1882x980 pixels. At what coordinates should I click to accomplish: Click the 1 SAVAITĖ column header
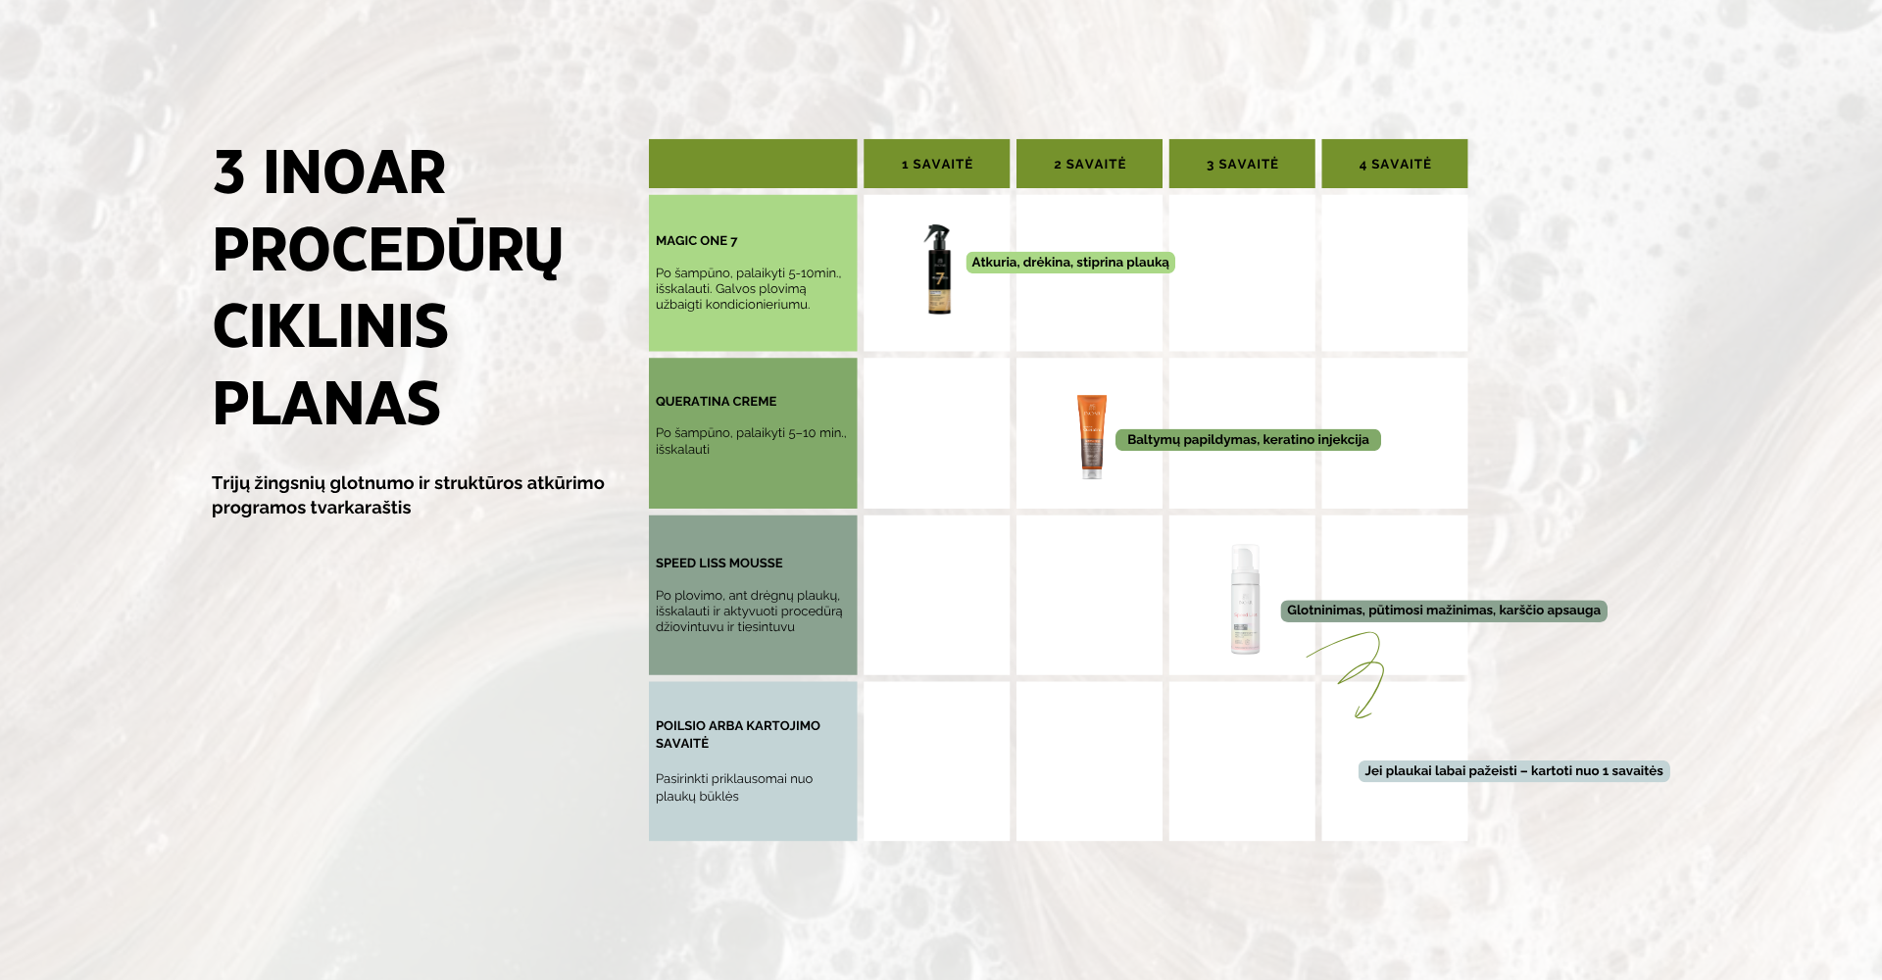coord(937,164)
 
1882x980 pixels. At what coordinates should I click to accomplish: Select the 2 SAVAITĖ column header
coord(1090,164)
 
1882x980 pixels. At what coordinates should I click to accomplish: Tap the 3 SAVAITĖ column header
coord(1243,164)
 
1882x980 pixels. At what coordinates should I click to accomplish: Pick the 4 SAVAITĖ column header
coord(1395,164)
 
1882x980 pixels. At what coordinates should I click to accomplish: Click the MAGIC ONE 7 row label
coord(697,240)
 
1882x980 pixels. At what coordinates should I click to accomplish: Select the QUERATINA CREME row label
coord(717,401)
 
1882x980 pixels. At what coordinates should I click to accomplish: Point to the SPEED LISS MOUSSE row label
coord(719,563)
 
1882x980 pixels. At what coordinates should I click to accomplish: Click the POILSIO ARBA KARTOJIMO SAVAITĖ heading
coord(738,734)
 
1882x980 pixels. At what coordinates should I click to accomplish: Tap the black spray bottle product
coord(939,269)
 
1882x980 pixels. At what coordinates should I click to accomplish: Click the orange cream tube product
coord(1092,436)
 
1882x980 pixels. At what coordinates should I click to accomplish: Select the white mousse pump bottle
coord(1245,599)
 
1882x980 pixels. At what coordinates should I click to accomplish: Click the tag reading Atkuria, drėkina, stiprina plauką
coord(1070,263)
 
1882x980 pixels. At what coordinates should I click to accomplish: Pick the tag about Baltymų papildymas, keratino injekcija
coord(1248,440)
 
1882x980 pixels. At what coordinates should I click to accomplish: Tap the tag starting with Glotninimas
coord(1444,611)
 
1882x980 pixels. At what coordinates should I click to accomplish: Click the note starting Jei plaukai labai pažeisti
coord(1514,771)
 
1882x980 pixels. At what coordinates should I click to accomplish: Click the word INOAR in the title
coord(355,173)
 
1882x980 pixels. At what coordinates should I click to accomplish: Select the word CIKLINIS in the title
coord(330,326)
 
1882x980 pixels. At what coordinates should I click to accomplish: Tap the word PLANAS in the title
coord(326,404)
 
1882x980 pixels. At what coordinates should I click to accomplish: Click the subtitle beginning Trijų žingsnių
coord(408,495)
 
